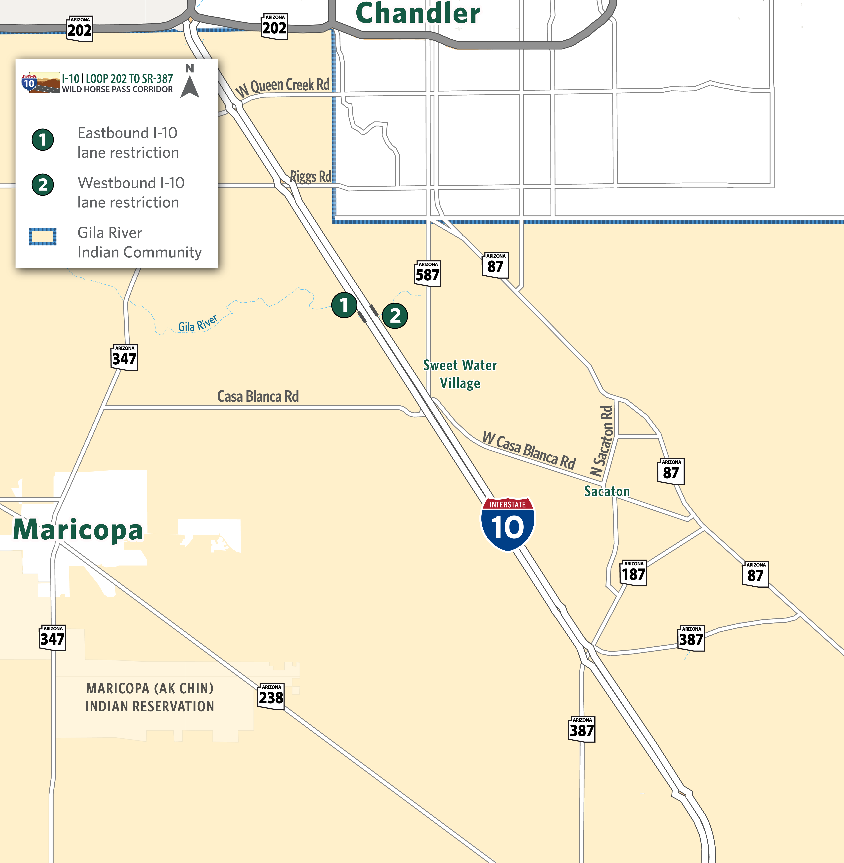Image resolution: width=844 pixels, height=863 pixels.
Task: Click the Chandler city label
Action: tap(418, 13)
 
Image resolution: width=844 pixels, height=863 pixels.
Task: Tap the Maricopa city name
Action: tap(78, 530)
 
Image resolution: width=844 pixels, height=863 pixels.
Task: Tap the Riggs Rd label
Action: tap(310, 176)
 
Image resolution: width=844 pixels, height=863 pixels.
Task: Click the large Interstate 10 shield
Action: tap(508, 524)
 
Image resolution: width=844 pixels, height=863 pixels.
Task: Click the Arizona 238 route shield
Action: tap(271, 696)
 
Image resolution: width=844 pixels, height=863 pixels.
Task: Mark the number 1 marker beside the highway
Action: tap(344, 305)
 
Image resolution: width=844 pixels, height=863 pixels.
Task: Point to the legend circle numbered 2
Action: tap(43, 184)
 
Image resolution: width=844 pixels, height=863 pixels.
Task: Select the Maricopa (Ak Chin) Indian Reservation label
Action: tap(150, 697)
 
